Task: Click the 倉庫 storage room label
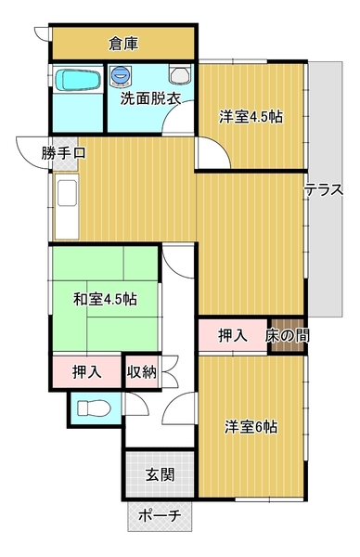(123, 43)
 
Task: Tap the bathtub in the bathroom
(77, 81)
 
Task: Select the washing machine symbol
(122, 76)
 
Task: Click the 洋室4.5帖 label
(251, 117)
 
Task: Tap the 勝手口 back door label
(63, 153)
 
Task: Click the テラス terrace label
(325, 190)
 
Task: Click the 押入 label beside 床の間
(231, 335)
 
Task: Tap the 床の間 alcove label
(287, 335)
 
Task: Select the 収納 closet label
(142, 372)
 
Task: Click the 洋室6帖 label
(251, 427)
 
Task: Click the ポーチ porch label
(159, 516)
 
